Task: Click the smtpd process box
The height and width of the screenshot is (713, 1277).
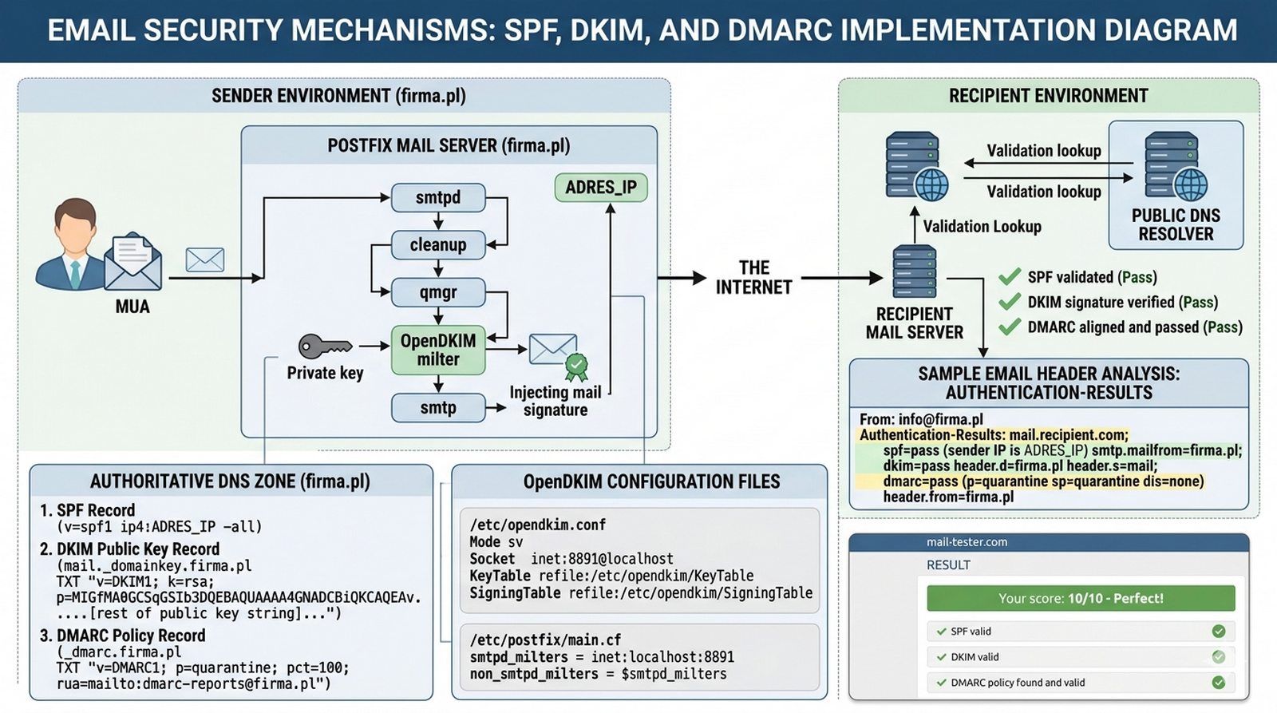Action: (438, 197)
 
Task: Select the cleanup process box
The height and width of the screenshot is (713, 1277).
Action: (438, 244)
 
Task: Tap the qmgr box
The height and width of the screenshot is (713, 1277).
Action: (438, 292)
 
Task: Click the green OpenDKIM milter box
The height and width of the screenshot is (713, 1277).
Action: (438, 350)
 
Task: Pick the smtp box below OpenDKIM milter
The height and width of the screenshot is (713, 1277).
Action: (438, 408)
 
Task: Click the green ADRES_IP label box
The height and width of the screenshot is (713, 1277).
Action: (601, 187)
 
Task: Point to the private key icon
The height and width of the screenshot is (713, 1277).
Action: (325, 346)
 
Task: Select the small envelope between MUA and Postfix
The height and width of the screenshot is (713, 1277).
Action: (204, 260)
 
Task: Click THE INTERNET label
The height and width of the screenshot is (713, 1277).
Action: (753, 278)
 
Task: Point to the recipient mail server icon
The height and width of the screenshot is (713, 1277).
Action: (915, 271)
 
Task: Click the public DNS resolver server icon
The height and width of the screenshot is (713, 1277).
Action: (1175, 166)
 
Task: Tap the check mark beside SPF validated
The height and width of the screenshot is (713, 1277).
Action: (1010, 276)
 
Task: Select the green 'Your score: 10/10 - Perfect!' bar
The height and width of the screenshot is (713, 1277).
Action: (1081, 598)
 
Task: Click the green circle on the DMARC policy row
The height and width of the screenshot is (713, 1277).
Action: (1218, 682)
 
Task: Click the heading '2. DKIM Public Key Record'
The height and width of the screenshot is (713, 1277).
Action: (129, 549)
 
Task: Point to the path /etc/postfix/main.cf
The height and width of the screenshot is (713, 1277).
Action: (545, 640)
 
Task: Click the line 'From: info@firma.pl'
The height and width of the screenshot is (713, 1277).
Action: (921, 420)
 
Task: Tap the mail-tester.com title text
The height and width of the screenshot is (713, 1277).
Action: (967, 542)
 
